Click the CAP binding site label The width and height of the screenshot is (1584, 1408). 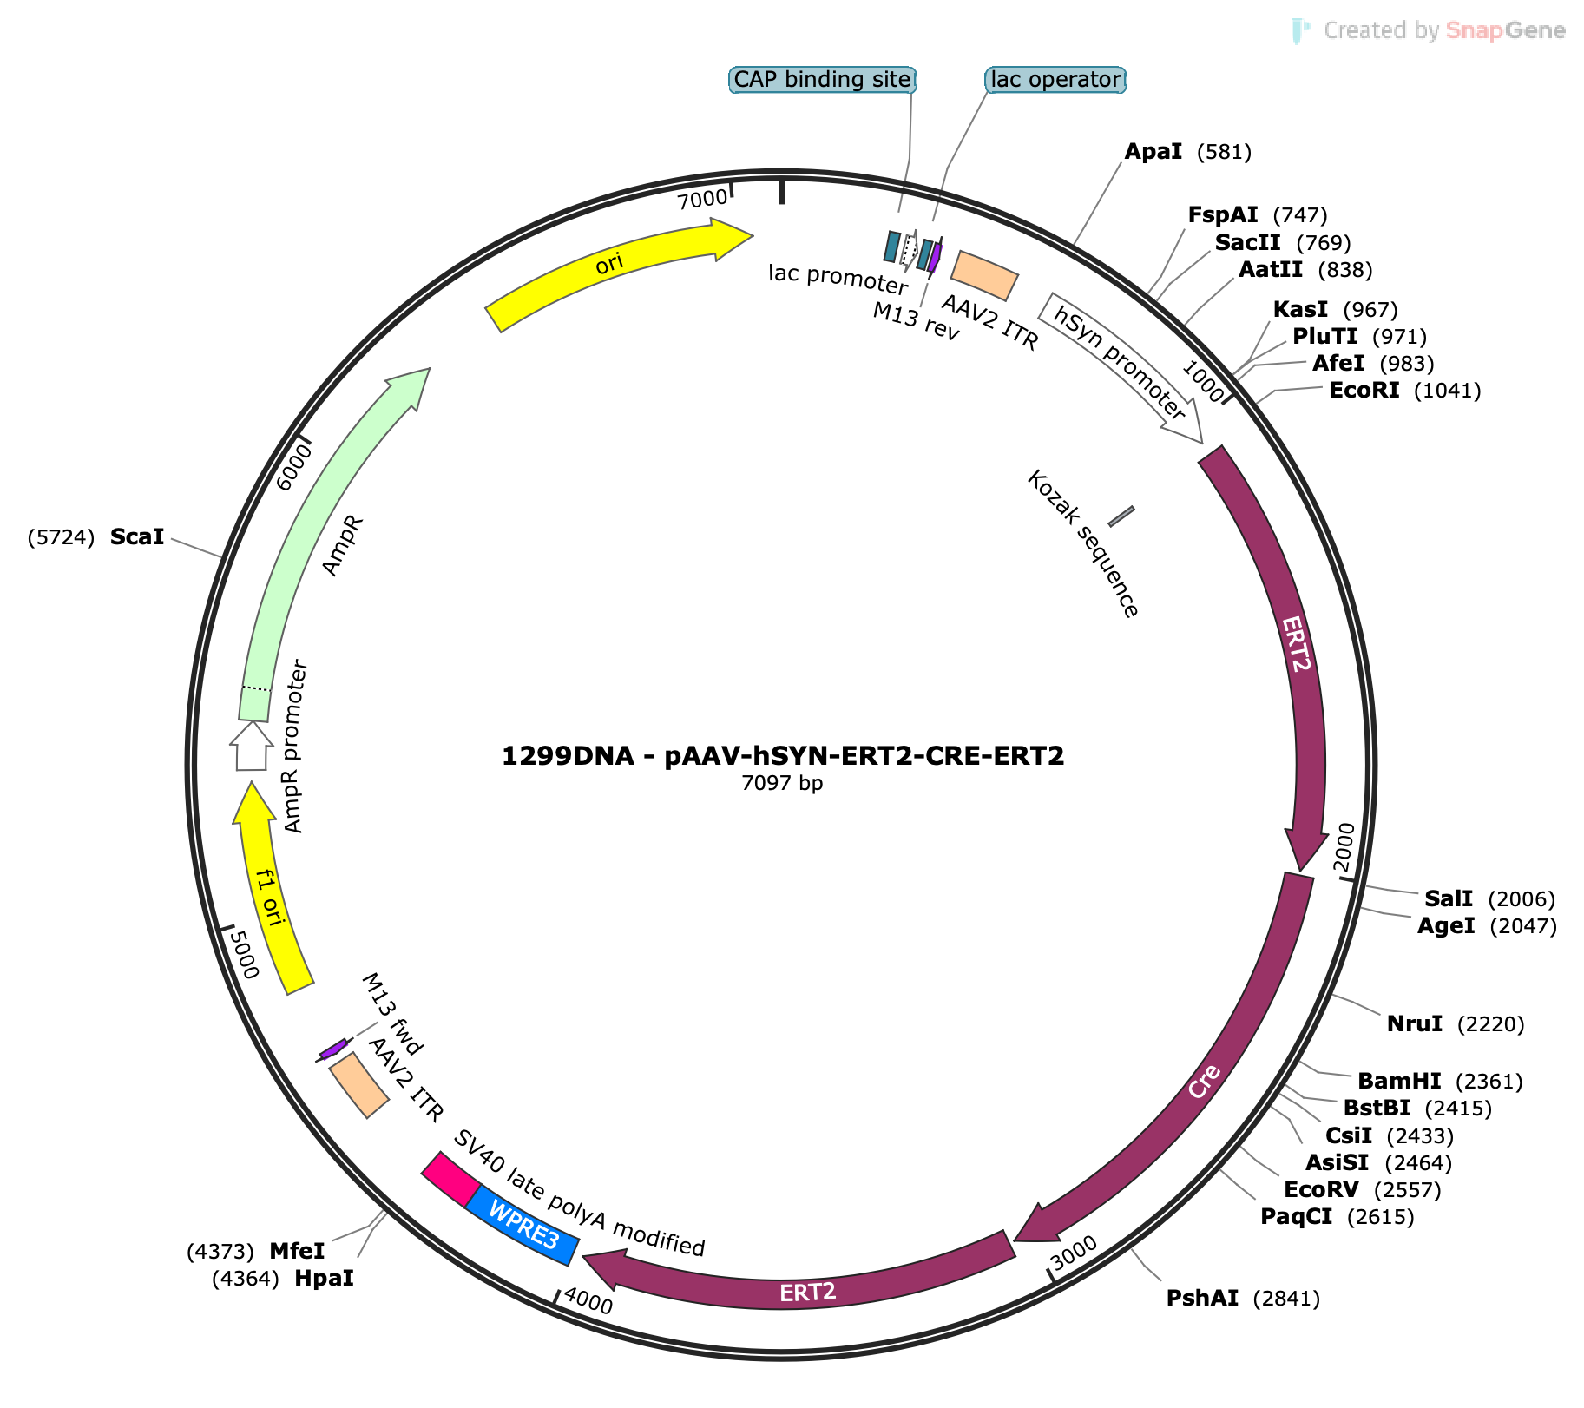pyautogui.click(x=822, y=80)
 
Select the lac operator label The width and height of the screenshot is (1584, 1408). pyautogui.click(x=1055, y=80)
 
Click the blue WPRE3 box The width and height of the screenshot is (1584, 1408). pyautogui.click(x=523, y=1225)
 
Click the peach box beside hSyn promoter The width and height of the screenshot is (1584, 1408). pyautogui.click(x=984, y=276)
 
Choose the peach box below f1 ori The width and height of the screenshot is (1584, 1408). pyautogui.click(x=359, y=1085)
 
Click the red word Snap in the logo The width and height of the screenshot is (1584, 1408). pyautogui.click(x=1474, y=31)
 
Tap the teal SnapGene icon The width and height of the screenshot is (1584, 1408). pyautogui.click(x=1299, y=30)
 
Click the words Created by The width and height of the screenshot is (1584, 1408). pyautogui.click(x=1381, y=31)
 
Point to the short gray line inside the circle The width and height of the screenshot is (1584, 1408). pyautogui.click(x=1121, y=516)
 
